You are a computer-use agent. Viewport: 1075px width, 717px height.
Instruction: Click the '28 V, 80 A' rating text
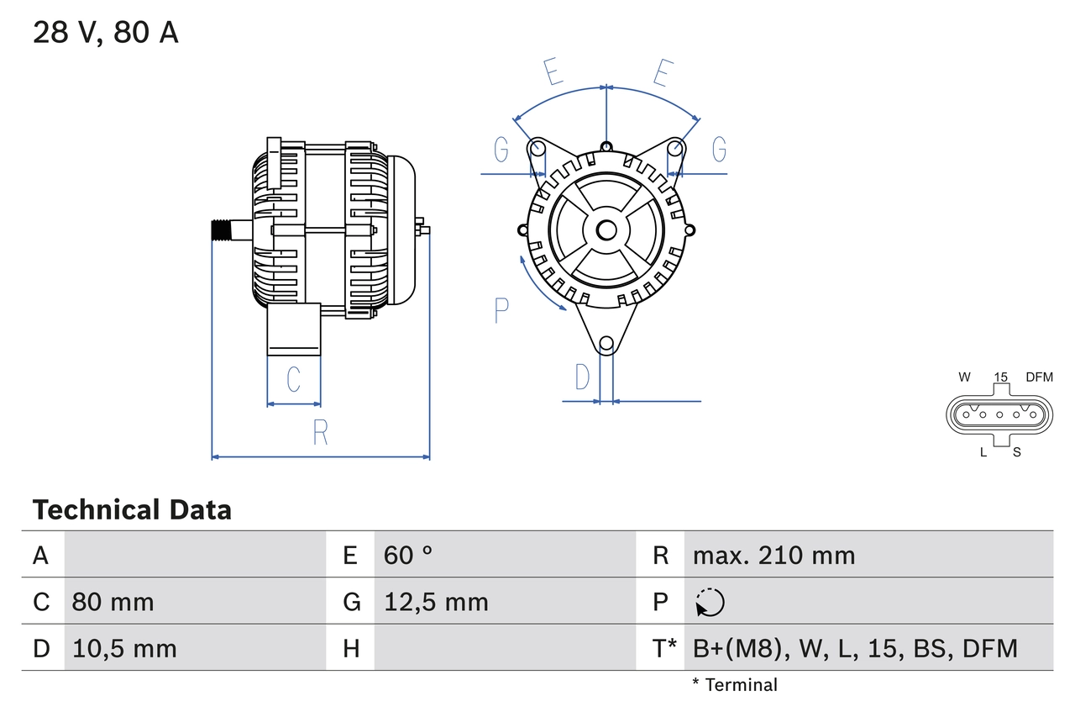click(x=105, y=33)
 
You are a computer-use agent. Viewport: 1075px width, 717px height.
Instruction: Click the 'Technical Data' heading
click(x=132, y=510)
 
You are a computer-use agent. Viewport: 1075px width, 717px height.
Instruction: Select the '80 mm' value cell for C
click(x=113, y=602)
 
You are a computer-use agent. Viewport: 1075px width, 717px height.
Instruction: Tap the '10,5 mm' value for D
click(x=124, y=648)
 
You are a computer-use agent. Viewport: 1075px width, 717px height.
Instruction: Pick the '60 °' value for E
click(x=408, y=555)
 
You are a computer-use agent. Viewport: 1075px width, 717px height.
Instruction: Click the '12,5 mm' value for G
click(x=436, y=602)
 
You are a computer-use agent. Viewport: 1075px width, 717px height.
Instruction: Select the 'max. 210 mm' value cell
click(x=773, y=555)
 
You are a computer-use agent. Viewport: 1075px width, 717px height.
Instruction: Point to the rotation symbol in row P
click(x=710, y=602)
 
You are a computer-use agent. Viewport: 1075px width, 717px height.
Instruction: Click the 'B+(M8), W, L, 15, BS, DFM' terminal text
click(x=855, y=648)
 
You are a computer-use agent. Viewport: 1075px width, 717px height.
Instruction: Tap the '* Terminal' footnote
click(x=735, y=685)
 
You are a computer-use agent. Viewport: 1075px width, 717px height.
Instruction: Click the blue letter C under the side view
click(x=293, y=380)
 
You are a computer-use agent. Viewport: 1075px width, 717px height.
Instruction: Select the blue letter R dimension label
click(x=320, y=433)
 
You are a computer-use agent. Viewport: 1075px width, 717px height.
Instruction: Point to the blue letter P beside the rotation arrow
click(x=501, y=310)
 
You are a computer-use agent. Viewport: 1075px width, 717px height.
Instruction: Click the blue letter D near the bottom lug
click(x=582, y=378)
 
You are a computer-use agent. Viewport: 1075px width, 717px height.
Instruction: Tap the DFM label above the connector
click(x=1039, y=377)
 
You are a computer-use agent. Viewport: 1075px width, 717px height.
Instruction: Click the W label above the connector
click(x=965, y=377)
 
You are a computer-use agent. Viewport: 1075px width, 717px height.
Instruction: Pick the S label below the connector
click(x=1016, y=452)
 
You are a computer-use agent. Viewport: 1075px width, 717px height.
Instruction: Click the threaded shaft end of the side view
click(x=221, y=230)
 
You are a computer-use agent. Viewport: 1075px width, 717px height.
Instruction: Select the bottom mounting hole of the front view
click(x=606, y=343)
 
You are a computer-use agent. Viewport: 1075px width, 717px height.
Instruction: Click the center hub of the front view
click(x=606, y=230)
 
